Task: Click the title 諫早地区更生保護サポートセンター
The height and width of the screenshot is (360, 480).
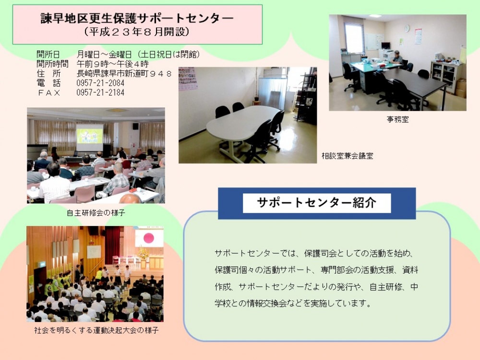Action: [x=137, y=18]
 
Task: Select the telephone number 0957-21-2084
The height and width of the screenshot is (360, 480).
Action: [x=100, y=83]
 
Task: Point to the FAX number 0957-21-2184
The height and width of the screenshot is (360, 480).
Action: [x=100, y=93]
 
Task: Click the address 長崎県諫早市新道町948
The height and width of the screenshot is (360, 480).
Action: [x=124, y=73]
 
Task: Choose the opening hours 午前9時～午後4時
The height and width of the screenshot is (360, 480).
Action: [x=113, y=64]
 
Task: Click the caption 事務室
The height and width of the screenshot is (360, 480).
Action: [x=397, y=120]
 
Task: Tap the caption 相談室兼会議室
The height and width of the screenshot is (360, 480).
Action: [x=348, y=156]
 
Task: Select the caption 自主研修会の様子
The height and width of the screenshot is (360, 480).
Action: [x=96, y=213]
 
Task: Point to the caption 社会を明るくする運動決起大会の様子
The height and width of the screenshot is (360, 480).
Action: [x=96, y=330]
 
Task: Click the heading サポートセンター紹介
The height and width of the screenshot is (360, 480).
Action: [x=316, y=203]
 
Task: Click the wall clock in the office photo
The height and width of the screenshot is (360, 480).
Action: [x=407, y=28]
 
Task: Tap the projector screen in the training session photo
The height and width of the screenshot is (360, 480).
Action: [x=90, y=137]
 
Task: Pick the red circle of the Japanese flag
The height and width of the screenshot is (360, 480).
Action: [x=149, y=238]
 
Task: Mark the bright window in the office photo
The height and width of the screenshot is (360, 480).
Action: [x=354, y=37]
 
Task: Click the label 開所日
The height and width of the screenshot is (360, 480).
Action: [x=48, y=55]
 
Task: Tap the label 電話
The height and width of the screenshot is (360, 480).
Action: [x=48, y=83]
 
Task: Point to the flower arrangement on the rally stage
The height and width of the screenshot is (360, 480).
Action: [x=143, y=252]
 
